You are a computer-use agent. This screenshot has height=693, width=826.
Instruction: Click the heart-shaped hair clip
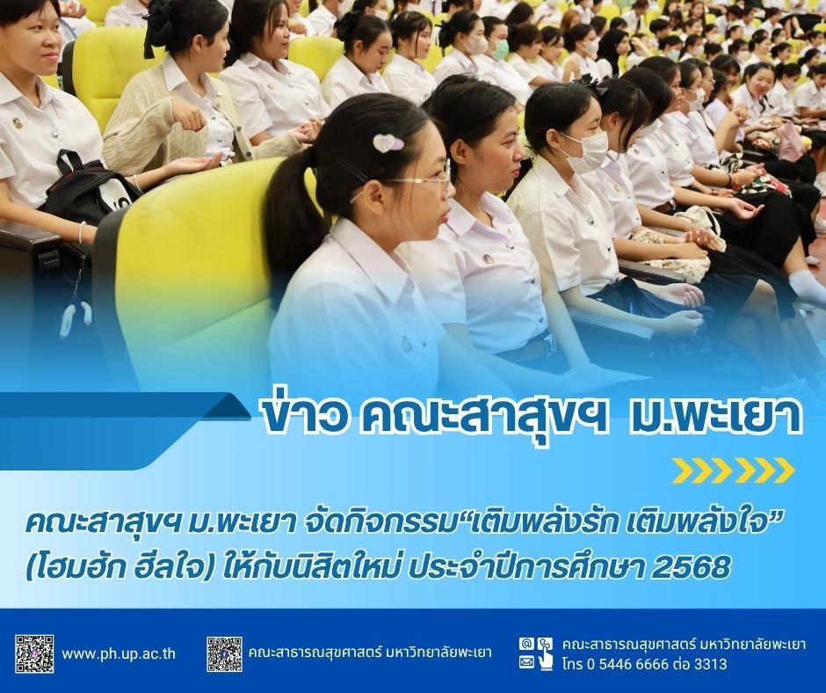(388, 142)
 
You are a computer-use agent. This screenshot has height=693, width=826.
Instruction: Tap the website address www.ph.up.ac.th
(119, 654)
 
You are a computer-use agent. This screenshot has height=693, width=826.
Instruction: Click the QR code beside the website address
(34, 654)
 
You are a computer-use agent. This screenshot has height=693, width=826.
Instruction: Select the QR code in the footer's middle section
(224, 654)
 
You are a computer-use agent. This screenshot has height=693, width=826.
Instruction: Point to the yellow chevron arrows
(734, 471)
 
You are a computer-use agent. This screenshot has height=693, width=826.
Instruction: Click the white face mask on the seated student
(584, 149)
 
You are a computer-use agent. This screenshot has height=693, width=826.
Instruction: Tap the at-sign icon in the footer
(525, 644)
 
